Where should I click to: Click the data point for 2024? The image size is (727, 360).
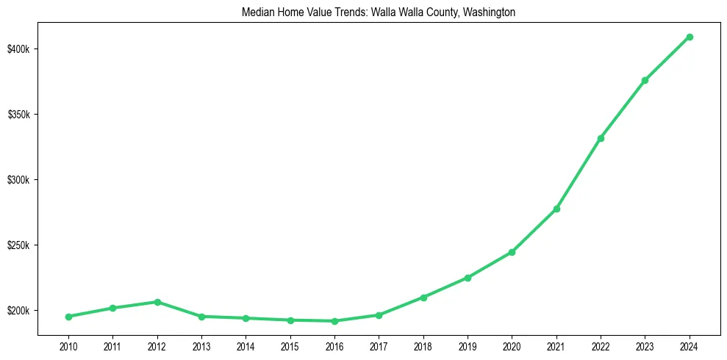[690, 37]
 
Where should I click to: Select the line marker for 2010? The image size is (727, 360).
[68, 317]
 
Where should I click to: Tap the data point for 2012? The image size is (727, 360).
[157, 302]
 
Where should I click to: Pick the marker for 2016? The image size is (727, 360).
[334, 321]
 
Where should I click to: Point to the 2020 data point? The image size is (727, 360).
[512, 252]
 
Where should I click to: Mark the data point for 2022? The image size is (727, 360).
[601, 138]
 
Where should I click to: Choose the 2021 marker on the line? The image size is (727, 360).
[556, 209]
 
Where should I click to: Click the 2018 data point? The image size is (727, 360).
[423, 298]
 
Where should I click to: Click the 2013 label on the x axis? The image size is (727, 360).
[201, 346]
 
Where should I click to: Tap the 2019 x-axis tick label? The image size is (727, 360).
[468, 346]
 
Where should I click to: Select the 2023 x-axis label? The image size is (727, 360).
[645, 346]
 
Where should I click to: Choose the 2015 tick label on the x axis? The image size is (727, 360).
[290, 346]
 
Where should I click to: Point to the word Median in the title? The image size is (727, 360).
[257, 12]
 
